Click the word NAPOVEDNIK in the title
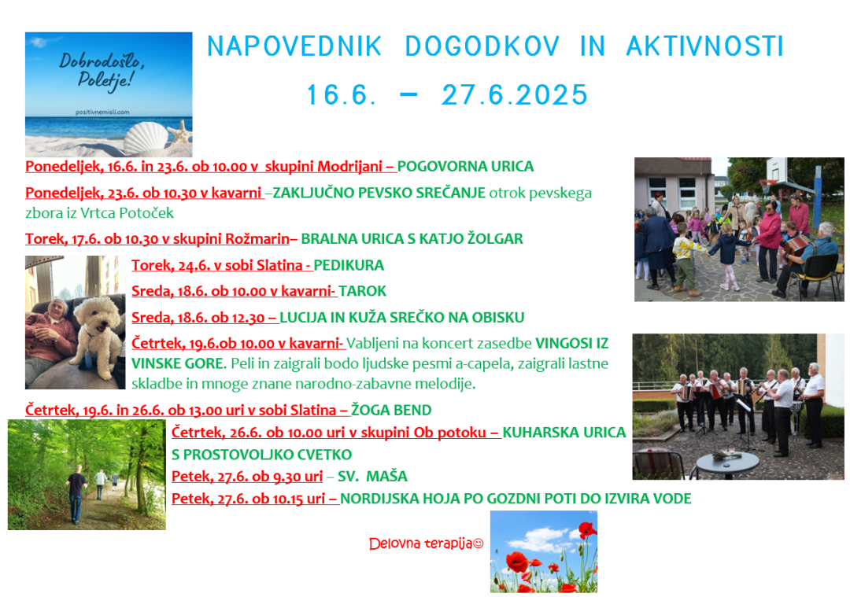tap(294, 46)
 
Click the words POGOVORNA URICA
tap(465, 167)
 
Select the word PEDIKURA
tap(349, 265)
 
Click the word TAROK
tap(362, 291)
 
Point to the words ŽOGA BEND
tap(391, 411)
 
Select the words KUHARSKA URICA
tap(564, 433)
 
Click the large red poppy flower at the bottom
tap(516, 562)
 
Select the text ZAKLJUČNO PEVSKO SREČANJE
tap(379, 193)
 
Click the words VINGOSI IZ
tap(572, 344)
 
